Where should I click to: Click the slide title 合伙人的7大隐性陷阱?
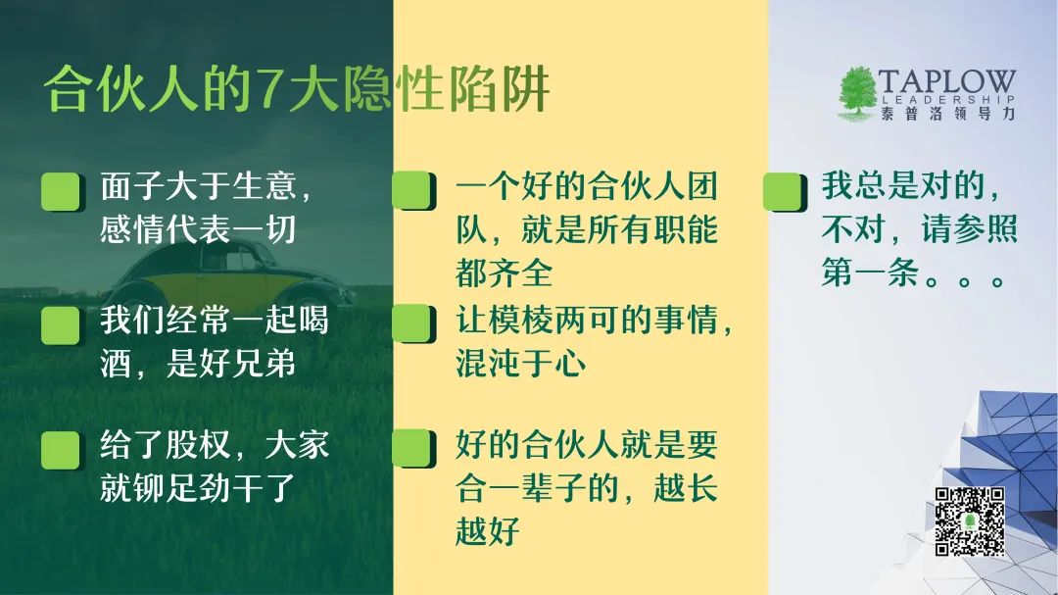click(x=297, y=89)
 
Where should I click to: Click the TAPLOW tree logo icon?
click(x=857, y=94)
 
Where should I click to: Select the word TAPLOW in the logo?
click(x=946, y=81)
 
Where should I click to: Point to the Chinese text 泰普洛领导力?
click(x=947, y=114)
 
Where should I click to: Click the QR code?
click(x=970, y=521)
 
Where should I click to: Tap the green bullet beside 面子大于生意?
click(x=63, y=192)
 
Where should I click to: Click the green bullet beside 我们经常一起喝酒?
click(x=63, y=325)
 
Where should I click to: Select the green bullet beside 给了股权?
click(x=63, y=451)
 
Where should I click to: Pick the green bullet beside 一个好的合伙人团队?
click(x=413, y=190)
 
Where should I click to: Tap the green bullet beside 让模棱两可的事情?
click(x=413, y=323)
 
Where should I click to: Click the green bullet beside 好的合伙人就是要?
click(x=413, y=448)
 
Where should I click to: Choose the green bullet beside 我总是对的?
click(x=785, y=192)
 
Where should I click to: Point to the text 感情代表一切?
click(x=198, y=229)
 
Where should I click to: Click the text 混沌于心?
click(x=520, y=362)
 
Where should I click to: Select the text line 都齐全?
click(x=505, y=273)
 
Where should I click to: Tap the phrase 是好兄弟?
click(x=231, y=363)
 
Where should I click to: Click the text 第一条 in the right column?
click(x=871, y=273)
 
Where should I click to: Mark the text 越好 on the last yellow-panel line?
click(x=487, y=531)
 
